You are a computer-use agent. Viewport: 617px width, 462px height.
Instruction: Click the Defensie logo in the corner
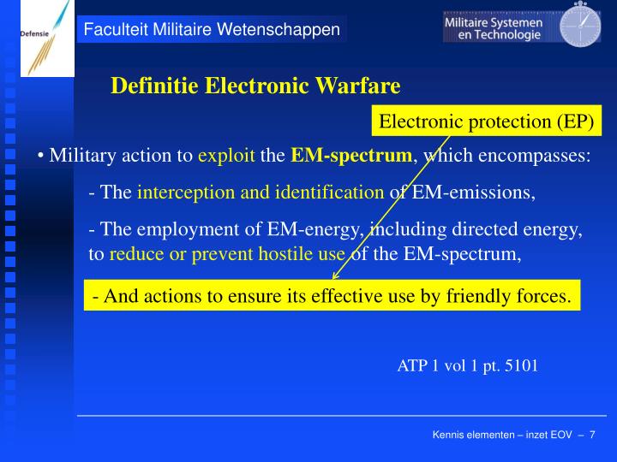click(38, 38)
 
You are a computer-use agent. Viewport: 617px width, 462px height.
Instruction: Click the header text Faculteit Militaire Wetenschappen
click(212, 30)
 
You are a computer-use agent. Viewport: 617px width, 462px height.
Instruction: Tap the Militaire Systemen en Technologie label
click(494, 28)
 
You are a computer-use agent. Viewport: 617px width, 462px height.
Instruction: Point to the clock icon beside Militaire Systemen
click(580, 25)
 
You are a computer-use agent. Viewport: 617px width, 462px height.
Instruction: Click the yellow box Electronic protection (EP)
click(487, 121)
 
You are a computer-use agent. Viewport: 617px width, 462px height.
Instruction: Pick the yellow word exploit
click(226, 156)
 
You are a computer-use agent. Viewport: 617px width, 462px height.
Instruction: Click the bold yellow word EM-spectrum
click(351, 156)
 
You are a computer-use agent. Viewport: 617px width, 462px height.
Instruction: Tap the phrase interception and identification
click(261, 192)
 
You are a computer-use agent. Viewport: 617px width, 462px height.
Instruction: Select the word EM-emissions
click(474, 192)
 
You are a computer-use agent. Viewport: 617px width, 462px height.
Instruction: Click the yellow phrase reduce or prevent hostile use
click(227, 253)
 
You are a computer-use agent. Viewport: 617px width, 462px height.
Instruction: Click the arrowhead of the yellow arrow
click(334, 276)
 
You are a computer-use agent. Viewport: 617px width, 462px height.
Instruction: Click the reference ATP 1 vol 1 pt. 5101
click(467, 365)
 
